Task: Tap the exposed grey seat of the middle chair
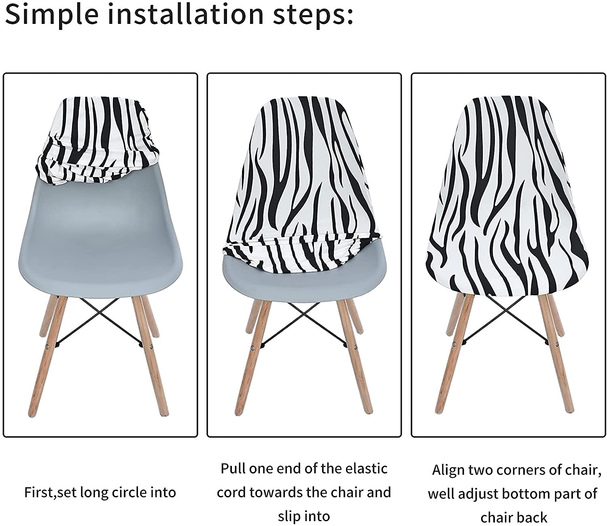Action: pyautogui.click(x=305, y=275)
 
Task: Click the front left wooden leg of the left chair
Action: pyautogui.click(x=47, y=355)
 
